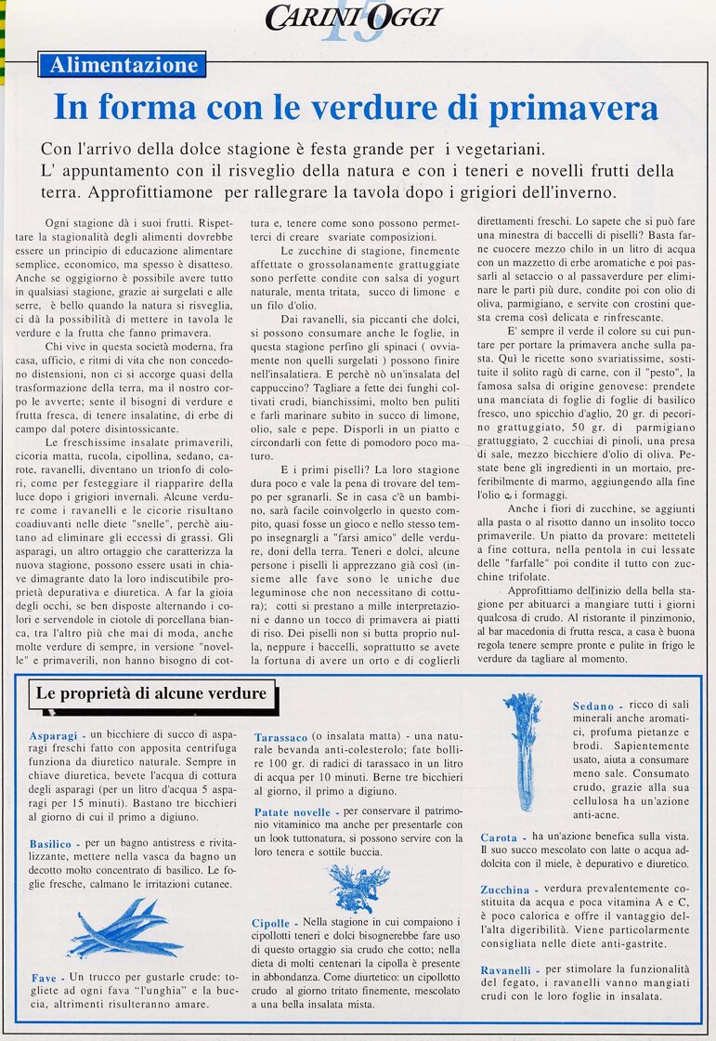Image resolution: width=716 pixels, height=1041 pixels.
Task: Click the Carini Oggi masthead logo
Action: [x=353, y=18]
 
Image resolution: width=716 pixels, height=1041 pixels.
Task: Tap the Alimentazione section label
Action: [x=123, y=65]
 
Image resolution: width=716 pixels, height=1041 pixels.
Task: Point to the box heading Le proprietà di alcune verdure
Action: [x=150, y=693]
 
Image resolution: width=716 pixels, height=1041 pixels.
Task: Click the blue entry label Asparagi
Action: [x=53, y=735]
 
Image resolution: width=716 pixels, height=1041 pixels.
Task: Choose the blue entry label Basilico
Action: [x=50, y=844]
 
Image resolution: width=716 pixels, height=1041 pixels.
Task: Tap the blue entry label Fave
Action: [x=44, y=979]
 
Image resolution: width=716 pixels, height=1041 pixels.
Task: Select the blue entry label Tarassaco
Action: [x=280, y=737]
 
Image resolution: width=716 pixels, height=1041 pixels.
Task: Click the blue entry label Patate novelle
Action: [x=292, y=812]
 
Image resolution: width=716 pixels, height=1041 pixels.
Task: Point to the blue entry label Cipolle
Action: [x=271, y=923]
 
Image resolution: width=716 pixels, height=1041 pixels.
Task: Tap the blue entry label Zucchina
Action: [x=505, y=889]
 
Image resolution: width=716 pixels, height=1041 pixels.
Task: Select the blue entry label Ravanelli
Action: [x=506, y=970]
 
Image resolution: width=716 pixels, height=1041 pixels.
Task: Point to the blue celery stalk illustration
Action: [x=523, y=749]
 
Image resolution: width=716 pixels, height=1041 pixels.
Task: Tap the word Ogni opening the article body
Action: [x=60, y=224]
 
